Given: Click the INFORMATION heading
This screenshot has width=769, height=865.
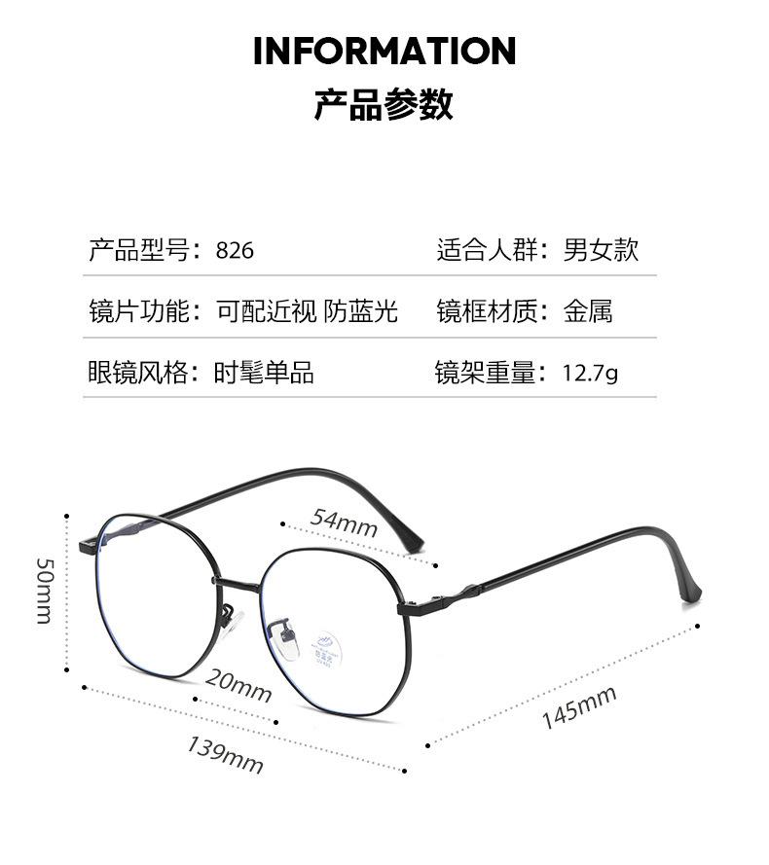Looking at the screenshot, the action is pos(384,51).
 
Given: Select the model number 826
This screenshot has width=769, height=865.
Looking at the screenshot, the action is pos(235,251).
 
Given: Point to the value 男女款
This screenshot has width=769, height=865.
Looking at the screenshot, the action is pos(601,250).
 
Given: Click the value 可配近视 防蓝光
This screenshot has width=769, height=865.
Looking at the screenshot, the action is pos(307,311).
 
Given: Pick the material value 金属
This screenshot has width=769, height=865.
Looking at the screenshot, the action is pos(588,311).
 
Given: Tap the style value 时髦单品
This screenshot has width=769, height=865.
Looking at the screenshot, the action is pos(264,372).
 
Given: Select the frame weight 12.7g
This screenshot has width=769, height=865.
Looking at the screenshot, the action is pos(590,373).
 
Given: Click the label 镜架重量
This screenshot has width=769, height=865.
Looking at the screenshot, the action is pos(485,372).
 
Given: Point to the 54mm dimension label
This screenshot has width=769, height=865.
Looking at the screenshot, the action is pos(344,523).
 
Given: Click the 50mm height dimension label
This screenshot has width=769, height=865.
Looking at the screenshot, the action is pos(45,591).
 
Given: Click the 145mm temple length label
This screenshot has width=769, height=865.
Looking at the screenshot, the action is pos(579,707).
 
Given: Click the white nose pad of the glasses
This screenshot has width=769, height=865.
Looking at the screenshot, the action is pos(289,637).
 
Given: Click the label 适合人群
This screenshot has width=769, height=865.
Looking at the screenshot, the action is pos(486,250).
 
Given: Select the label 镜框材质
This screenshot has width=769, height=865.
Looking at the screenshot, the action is pos(486,311).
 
